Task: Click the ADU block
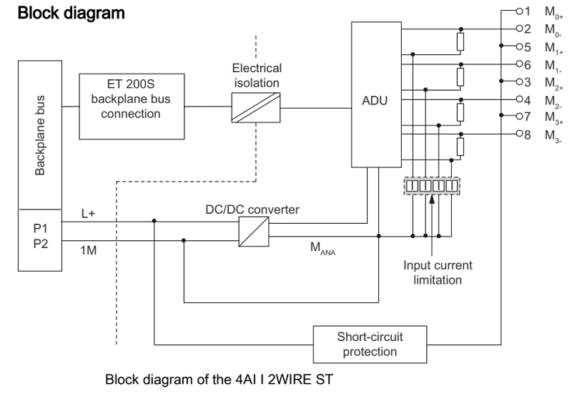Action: [x=375, y=100]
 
